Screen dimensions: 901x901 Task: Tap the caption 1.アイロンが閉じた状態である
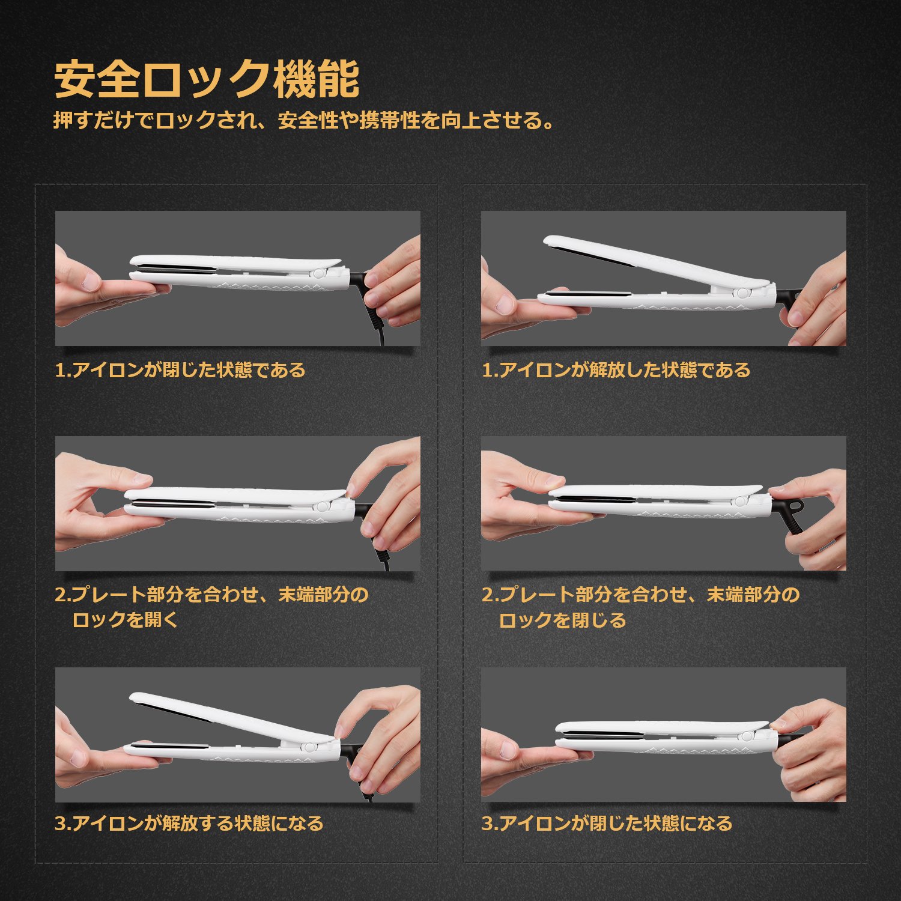click(x=180, y=369)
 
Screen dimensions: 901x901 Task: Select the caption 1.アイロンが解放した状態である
click(x=616, y=369)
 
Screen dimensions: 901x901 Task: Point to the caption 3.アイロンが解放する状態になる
click(x=189, y=823)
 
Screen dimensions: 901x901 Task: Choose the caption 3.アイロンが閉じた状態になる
click(x=607, y=823)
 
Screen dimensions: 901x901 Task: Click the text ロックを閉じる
click(x=563, y=620)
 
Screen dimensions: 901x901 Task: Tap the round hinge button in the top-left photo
click(x=318, y=275)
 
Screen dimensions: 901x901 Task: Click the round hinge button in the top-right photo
click(x=744, y=293)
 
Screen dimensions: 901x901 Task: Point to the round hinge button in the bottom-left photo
click(x=310, y=748)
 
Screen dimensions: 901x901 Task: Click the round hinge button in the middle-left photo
click(x=322, y=506)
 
